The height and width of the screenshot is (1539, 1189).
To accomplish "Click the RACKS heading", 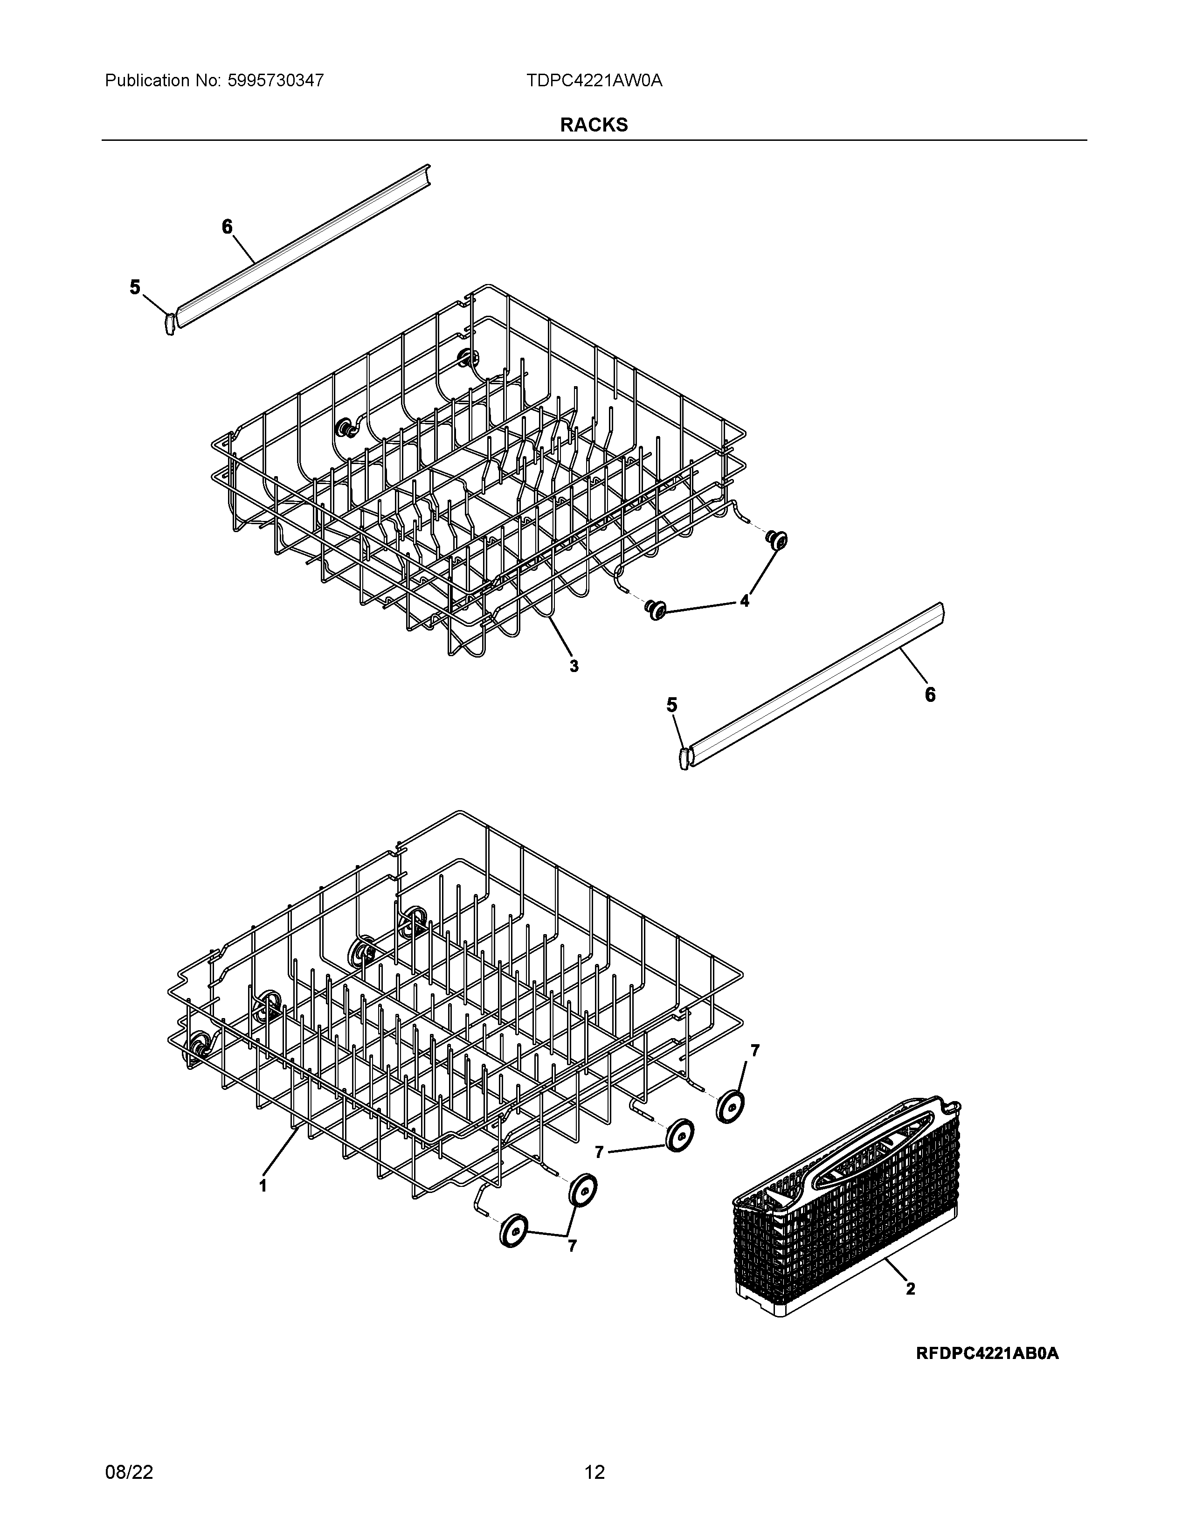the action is coord(594,125).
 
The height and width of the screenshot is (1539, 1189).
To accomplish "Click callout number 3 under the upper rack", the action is coord(574,666).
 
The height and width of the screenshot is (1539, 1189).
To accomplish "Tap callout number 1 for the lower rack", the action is coord(263,1186).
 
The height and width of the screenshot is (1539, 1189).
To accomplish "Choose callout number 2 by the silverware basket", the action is coord(910,1289).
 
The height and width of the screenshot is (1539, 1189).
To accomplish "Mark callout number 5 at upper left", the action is coord(135,287).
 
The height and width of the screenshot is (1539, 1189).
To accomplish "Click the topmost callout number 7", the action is coord(755,1070).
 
